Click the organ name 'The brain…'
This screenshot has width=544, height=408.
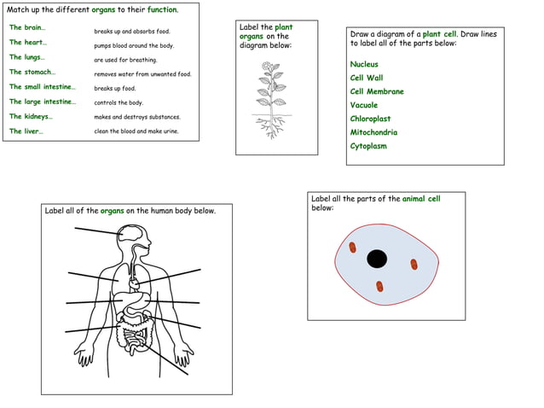[27, 27]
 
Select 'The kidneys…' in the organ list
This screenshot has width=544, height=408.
[31, 116]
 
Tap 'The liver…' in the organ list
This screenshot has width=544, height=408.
[26, 131]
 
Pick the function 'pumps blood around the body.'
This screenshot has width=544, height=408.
[134, 45]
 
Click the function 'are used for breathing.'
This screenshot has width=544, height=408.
[125, 60]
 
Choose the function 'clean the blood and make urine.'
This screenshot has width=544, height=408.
[136, 131]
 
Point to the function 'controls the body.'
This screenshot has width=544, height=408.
[119, 102]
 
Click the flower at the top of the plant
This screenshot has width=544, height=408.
[272, 67]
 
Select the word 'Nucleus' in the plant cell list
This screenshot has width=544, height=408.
[364, 64]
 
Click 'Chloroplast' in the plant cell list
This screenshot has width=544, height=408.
[370, 119]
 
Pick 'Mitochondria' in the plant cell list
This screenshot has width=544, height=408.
[373, 132]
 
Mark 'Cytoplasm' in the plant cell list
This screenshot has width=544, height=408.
[368, 146]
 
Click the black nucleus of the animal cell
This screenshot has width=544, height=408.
[377, 258]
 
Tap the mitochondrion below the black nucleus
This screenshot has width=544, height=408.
[380, 287]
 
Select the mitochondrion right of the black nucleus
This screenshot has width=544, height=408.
[414, 264]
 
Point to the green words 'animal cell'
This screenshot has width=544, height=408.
[421, 199]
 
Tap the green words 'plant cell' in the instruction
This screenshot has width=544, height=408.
[440, 33]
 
